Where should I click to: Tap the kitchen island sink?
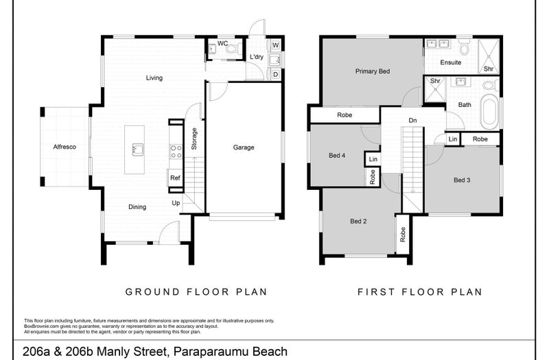(137, 148)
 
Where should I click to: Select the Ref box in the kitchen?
(175, 178)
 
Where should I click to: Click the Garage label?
(244, 147)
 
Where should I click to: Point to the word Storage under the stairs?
(194, 139)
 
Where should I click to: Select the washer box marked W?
(275, 46)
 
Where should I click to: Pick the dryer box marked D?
(275, 73)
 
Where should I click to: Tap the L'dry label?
(257, 57)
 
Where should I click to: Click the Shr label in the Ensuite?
(489, 69)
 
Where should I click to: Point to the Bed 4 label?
(337, 156)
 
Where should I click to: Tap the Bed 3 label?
(462, 180)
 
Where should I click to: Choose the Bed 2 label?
(359, 221)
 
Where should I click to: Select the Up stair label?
(176, 203)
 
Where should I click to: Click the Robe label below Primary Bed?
(344, 115)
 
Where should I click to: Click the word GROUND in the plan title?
(150, 291)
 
